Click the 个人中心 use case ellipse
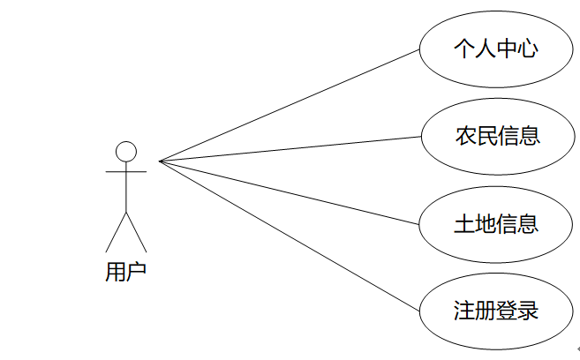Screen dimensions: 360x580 pyautogui.click(x=494, y=49)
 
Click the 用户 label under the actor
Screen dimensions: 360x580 pyautogui.click(x=126, y=272)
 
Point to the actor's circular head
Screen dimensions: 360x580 pyautogui.click(x=126, y=151)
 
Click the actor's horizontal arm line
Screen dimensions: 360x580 pyautogui.click(x=126, y=172)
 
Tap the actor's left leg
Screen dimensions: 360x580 pyautogui.click(x=116, y=232)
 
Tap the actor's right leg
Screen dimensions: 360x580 pyautogui.click(x=137, y=232)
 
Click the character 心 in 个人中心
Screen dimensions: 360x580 pyautogui.click(x=526, y=49)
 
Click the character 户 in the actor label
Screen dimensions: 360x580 pyautogui.click(x=137, y=272)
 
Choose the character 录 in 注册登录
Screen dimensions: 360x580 pyautogui.click(x=527, y=311)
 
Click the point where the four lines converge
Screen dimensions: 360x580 pyautogui.click(x=160, y=161)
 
